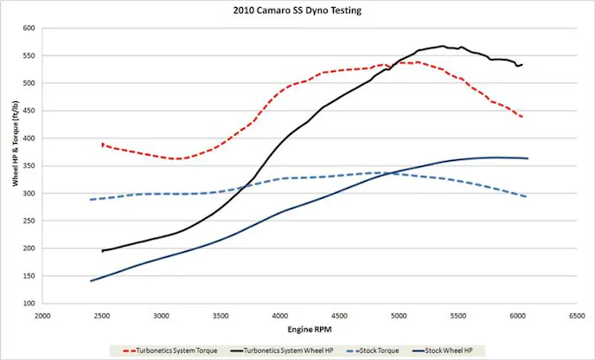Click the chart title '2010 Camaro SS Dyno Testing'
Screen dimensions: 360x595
(297, 11)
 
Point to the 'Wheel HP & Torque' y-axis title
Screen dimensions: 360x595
(15, 166)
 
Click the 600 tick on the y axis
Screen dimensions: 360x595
(29, 29)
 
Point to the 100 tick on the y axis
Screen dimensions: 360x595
(29, 304)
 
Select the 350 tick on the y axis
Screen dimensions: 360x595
(29, 166)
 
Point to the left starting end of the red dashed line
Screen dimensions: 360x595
(102, 145)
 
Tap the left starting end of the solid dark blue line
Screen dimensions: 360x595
(91, 280)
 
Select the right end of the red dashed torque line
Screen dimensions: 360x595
(522, 117)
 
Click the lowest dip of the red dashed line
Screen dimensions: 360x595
(177, 158)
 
